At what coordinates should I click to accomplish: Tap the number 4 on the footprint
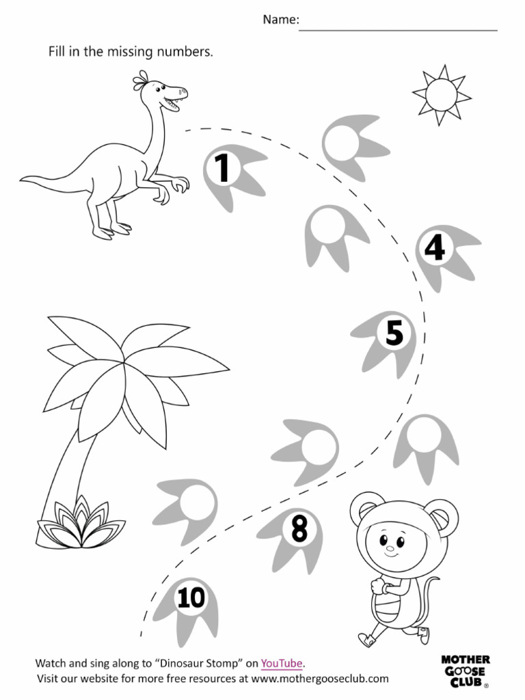(x=435, y=249)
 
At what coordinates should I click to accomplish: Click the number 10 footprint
(x=191, y=599)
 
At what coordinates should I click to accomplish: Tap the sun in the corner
(x=441, y=94)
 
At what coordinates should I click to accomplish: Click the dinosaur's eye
(x=161, y=87)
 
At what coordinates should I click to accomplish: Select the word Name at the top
(x=280, y=21)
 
